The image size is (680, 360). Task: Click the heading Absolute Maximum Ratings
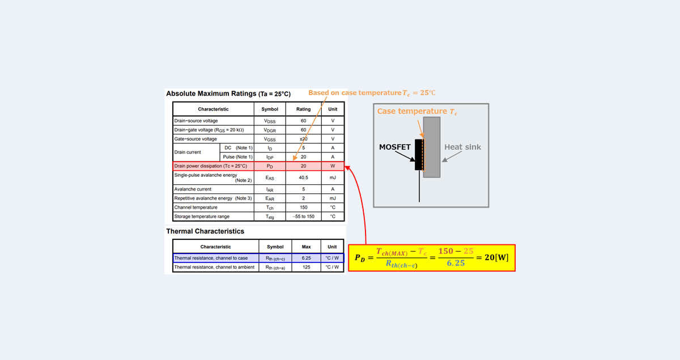click(x=210, y=93)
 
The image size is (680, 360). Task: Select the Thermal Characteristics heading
click(x=205, y=231)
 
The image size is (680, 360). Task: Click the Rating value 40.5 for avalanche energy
click(x=303, y=177)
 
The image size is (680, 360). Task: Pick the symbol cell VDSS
click(x=270, y=121)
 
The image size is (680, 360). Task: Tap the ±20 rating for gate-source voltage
click(x=303, y=139)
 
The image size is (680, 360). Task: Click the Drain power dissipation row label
click(x=210, y=166)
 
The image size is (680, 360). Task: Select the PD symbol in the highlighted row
click(x=270, y=166)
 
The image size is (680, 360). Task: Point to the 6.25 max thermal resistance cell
click(x=307, y=258)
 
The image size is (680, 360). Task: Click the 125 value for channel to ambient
click(x=307, y=267)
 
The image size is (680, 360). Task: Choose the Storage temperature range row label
click(x=202, y=217)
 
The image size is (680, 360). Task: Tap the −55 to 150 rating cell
click(x=303, y=217)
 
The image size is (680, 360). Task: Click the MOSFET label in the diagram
click(x=394, y=147)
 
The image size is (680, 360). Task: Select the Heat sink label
click(x=462, y=147)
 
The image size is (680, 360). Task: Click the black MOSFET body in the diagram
click(x=419, y=155)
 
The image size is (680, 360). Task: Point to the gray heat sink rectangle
click(x=432, y=147)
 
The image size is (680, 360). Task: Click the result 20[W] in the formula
click(x=492, y=258)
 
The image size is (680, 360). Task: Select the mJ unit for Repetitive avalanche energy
click(x=333, y=198)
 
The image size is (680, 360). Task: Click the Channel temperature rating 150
click(x=303, y=207)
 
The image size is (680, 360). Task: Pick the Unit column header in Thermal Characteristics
click(x=332, y=247)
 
